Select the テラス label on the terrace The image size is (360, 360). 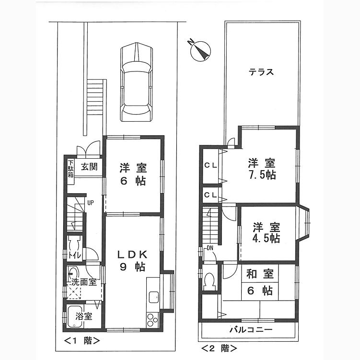[x=261, y=72]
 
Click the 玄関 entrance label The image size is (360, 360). [x=89, y=167]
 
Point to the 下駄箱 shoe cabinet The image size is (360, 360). [x=70, y=169]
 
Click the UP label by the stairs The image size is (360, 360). [x=90, y=203]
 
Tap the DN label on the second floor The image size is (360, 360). [x=210, y=248]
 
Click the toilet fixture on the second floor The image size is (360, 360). [x=209, y=280]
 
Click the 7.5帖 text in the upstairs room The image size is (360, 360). [x=262, y=175]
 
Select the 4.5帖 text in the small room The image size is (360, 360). [x=267, y=239]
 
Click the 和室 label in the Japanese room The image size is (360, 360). [x=260, y=274]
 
